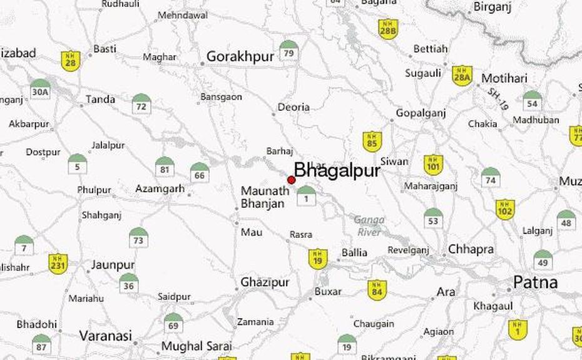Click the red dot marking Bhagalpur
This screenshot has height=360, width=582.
tap(291, 180)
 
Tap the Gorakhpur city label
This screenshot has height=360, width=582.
tap(240, 56)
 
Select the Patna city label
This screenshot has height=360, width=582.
tap(535, 282)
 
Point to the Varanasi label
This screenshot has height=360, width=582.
tap(105, 336)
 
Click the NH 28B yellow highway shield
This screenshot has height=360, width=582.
tap(388, 29)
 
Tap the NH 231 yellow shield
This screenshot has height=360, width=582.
tap(58, 263)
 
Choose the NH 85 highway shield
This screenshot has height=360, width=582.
tap(372, 141)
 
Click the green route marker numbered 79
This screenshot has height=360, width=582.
tap(288, 51)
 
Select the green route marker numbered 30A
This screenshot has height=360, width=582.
tap(40, 90)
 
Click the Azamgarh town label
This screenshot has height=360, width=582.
tap(160, 188)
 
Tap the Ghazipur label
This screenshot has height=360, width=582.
tap(264, 283)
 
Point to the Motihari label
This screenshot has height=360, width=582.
tap(504, 79)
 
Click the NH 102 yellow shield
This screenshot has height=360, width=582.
tap(505, 209)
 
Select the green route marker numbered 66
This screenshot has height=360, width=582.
tap(200, 172)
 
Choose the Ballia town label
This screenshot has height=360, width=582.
tap(354, 253)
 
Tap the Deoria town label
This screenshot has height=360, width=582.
tap(293, 107)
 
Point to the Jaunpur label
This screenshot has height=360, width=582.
tap(113, 265)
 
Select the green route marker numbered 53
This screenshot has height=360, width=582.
tap(433, 219)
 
